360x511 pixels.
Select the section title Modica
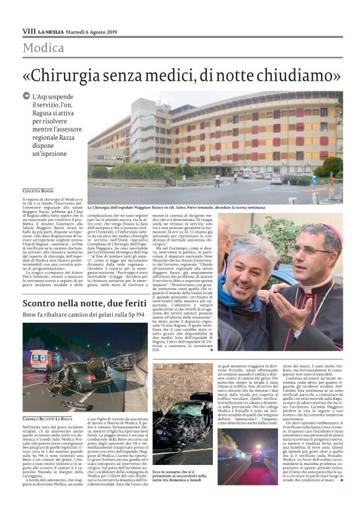click(x=43, y=48)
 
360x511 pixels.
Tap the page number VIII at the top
click(x=29, y=31)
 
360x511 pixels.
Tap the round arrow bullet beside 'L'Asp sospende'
click(x=26, y=96)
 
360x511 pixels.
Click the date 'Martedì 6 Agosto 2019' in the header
click(x=92, y=31)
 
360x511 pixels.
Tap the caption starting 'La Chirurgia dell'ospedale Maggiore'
click(x=211, y=207)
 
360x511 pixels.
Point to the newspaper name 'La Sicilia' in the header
click(x=50, y=31)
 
